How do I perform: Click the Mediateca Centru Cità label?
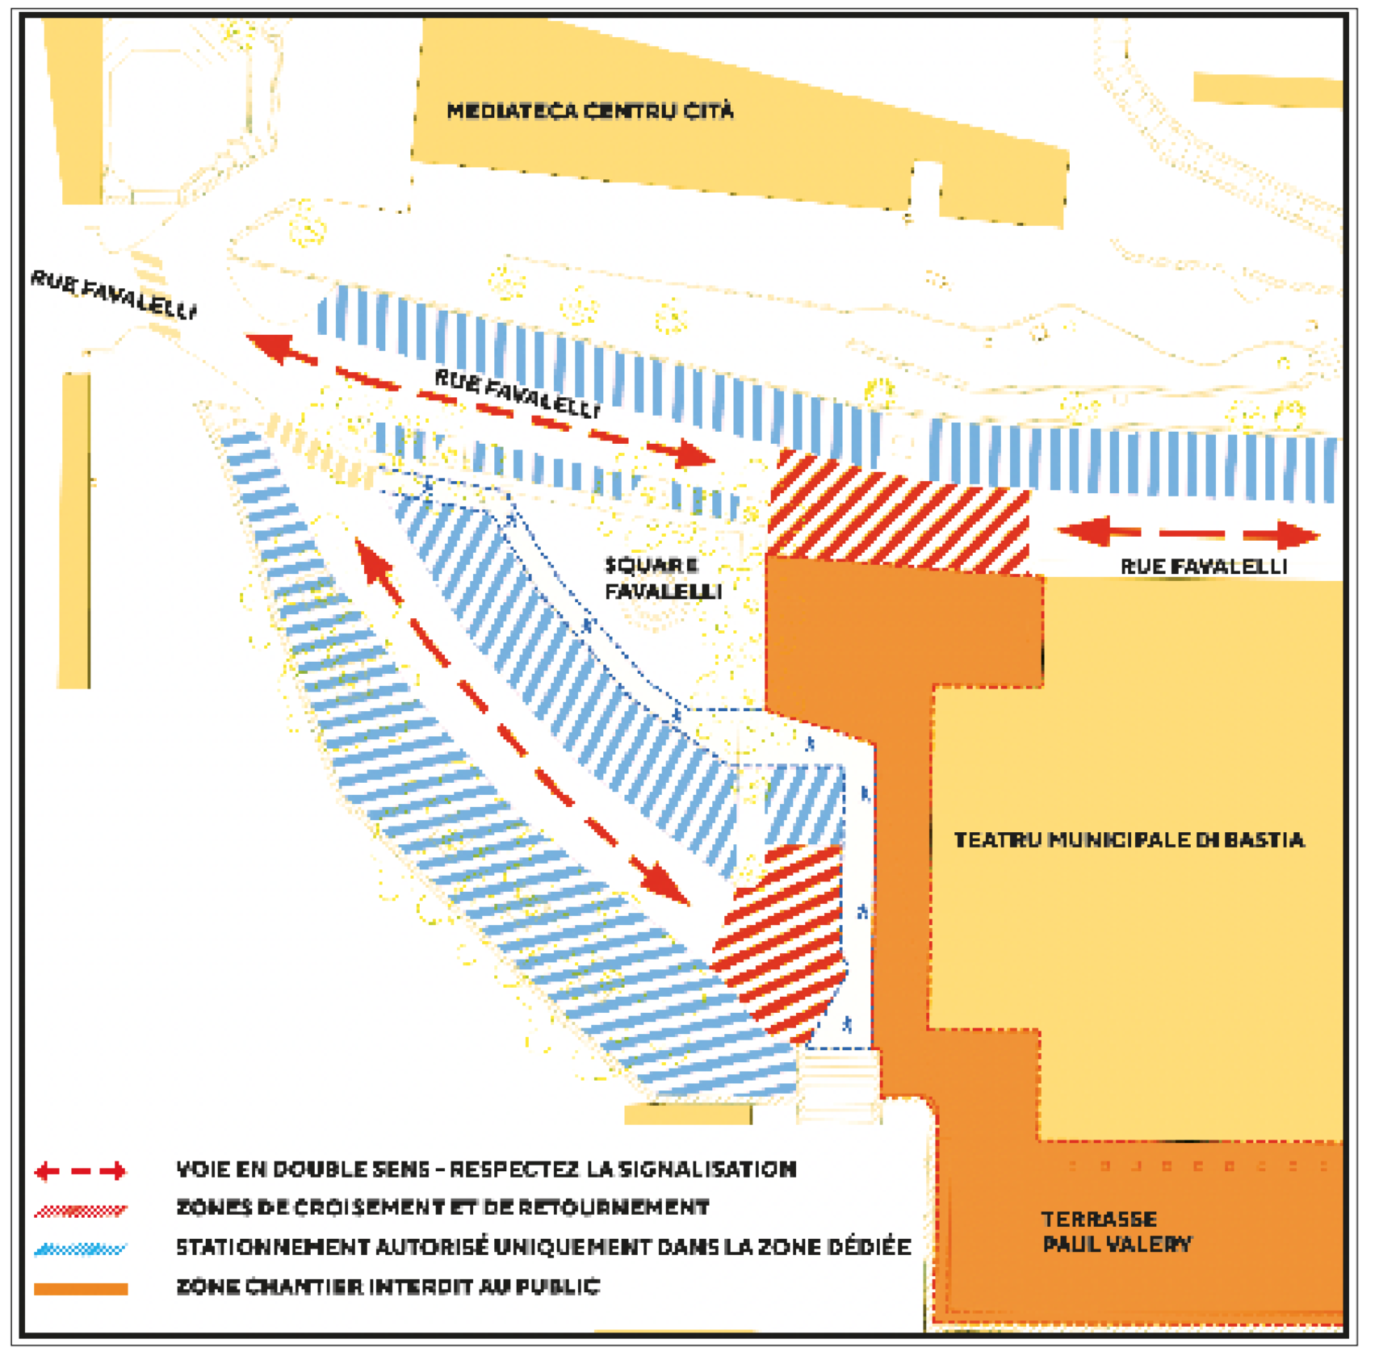point(590,111)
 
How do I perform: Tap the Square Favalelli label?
point(663,578)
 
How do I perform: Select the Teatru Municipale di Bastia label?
point(1129,840)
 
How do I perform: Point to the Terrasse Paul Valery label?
point(1117,1232)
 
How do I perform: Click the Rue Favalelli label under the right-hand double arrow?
point(1203,567)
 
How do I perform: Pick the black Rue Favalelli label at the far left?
point(114,295)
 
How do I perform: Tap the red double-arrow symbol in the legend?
point(80,1170)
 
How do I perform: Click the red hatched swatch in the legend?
point(80,1211)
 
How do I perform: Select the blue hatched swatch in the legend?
point(80,1249)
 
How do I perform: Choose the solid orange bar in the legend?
point(80,1289)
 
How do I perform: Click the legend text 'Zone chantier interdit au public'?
point(388,1287)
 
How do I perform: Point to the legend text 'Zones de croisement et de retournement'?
point(442,1207)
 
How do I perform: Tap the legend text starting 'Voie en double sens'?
point(486,1169)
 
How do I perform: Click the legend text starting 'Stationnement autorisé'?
point(543,1247)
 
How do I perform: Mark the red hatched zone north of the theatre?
point(898,513)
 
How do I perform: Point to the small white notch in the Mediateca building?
point(926,187)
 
